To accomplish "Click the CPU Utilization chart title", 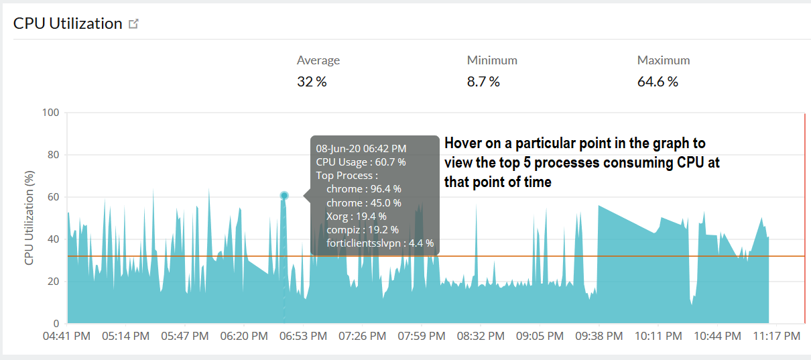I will (67, 23).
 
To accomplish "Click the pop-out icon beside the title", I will (134, 24).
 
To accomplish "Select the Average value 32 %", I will (312, 82).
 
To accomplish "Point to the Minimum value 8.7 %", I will (483, 82).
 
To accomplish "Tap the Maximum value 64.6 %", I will (658, 82).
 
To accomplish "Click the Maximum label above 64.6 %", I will (664, 60).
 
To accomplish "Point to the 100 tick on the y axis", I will (51, 113).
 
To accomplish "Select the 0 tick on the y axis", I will (56, 323).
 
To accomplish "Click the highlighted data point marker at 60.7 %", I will (284, 196).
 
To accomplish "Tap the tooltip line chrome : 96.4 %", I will (363, 189).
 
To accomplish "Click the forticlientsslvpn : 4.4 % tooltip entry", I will (379, 243).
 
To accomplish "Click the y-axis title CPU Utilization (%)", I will (29, 218).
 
